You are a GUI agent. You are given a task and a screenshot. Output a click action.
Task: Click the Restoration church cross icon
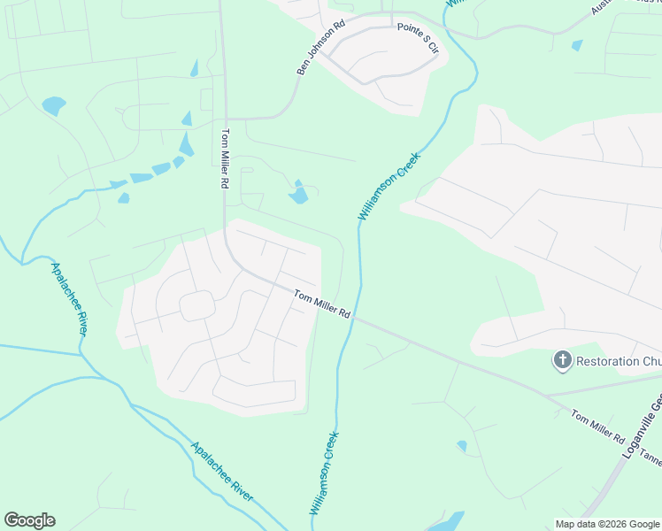[x=561, y=360]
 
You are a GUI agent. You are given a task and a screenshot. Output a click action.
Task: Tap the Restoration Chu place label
[x=618, y=361]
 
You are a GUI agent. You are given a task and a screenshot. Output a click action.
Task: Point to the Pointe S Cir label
[x=418, y=38]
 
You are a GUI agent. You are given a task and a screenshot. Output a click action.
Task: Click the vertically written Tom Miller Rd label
[x=225, y=158]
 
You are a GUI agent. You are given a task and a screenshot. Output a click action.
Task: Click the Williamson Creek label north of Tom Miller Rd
[x=389, y=187]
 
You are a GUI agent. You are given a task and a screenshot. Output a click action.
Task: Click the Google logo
[x=29, y=520]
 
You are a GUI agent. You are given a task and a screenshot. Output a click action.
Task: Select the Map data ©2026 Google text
[x=607, y=524]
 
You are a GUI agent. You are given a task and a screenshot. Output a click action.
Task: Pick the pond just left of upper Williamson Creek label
[x=298, y=192]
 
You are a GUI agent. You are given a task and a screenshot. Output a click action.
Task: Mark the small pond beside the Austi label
[x=578, y=45]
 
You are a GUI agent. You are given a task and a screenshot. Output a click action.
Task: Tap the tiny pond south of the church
[x=462, y=445]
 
